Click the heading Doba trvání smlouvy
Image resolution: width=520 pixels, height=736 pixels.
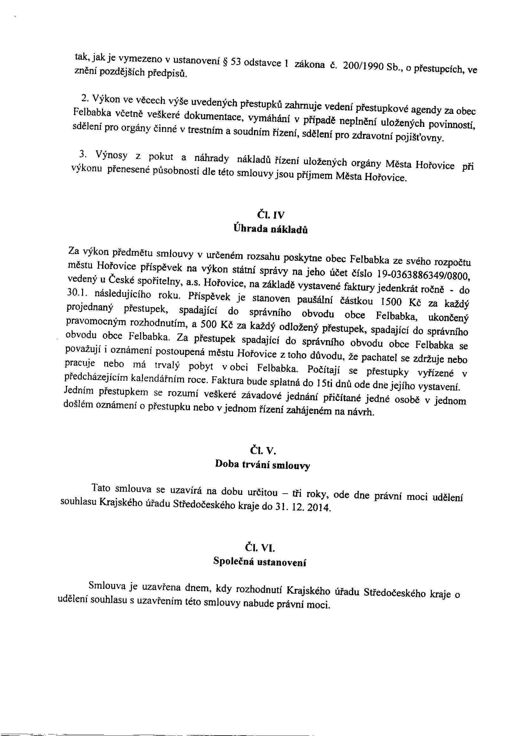263,464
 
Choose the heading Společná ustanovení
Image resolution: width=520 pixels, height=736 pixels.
259,561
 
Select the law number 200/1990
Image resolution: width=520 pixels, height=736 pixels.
363,66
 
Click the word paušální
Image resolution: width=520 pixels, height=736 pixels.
315,300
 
